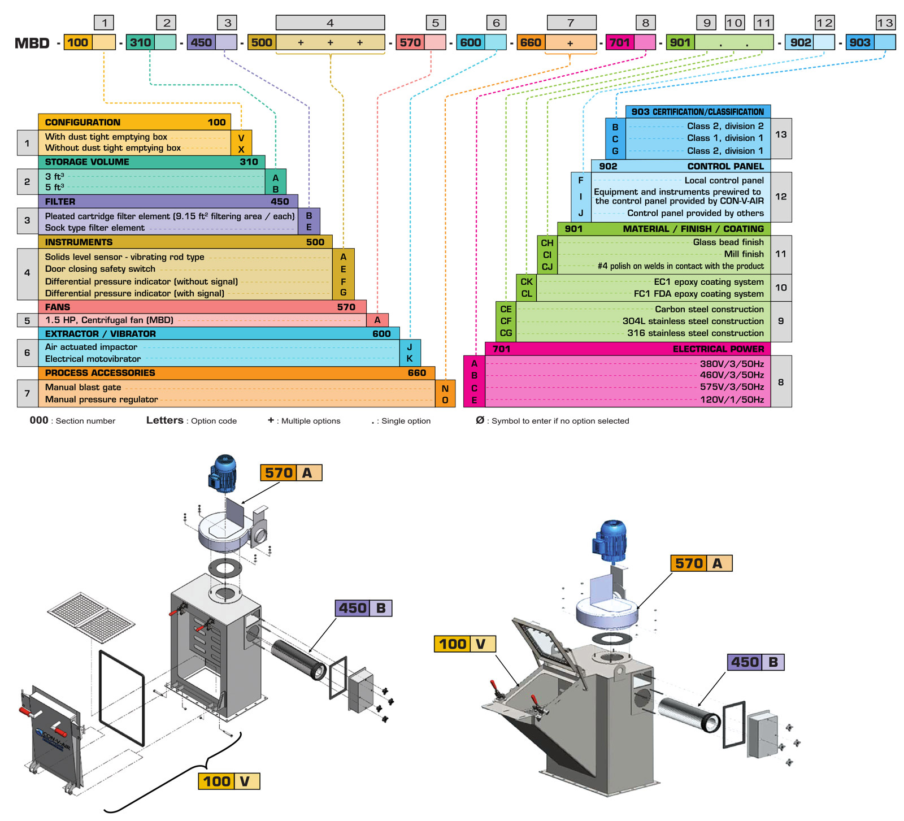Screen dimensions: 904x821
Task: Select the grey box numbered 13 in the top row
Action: tap(885, 23)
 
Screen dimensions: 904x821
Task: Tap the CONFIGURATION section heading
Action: tap(82, 122)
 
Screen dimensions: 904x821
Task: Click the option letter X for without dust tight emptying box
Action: tap(241, 149)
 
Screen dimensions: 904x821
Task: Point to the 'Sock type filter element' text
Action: tap(95, 228)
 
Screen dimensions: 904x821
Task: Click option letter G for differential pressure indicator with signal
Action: tap(343, 293)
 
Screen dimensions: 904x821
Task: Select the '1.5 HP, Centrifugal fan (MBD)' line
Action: tap(109, 320)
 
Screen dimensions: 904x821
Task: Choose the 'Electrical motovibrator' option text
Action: tap(93, 359)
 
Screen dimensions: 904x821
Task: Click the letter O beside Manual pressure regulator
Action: tap(445, 400)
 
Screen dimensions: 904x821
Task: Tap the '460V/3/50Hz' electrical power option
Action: tap(732, 375)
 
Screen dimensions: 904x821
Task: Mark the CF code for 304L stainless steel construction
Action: tap(506, 321)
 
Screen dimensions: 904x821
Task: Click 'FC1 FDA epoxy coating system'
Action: tap(698, 294)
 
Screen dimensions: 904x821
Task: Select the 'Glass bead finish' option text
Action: tap(728, 242)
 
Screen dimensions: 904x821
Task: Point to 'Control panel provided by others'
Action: tap(695, 213)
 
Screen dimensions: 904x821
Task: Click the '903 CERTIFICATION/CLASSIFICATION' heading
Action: tap(697, 112)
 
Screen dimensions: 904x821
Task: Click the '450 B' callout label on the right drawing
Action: tap(755, 662)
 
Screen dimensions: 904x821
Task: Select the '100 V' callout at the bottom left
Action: tap(229, 781)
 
